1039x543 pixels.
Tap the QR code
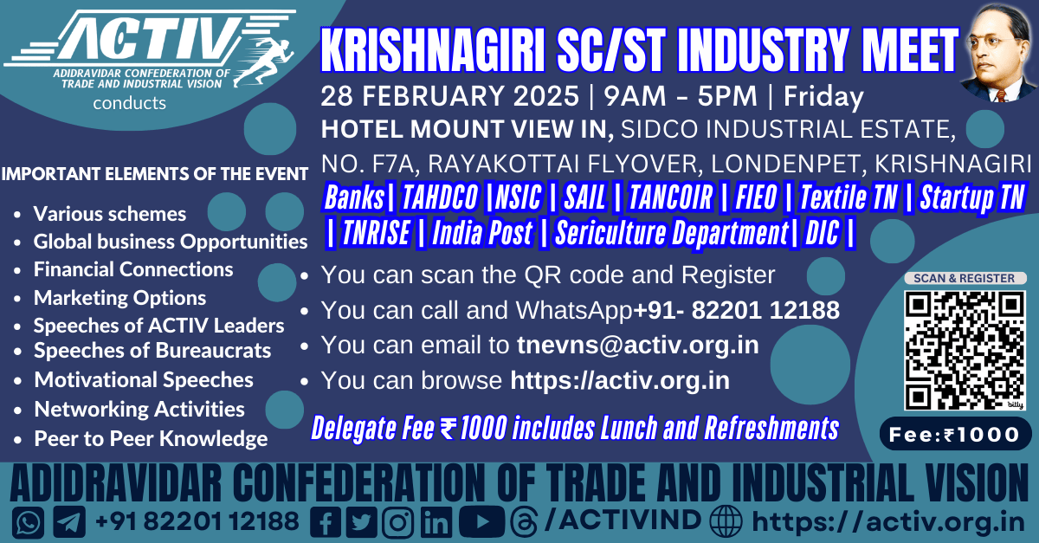pos(965,351)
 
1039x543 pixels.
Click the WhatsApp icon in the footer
pos(29,522)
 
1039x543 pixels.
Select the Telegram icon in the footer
pos(69,522)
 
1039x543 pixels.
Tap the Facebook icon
pos(326,522)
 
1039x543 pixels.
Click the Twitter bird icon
pos(361,522)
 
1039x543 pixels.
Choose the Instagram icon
pos(397,522)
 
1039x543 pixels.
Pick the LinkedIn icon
pos(436,522)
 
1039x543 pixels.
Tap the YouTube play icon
pos(482,521)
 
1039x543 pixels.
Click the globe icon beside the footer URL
pos(726,521)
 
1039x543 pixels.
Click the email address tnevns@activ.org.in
pos(638,345)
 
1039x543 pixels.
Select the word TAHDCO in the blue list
pos(439,197)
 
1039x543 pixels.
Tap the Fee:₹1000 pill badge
pos(956,434)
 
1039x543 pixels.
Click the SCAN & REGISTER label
pos(965,278)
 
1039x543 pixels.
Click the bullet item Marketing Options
pos(120,298)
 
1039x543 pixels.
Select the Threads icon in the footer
pos(524,521)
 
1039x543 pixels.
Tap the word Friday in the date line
pos(823,97)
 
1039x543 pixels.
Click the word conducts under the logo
pos(129,103)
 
